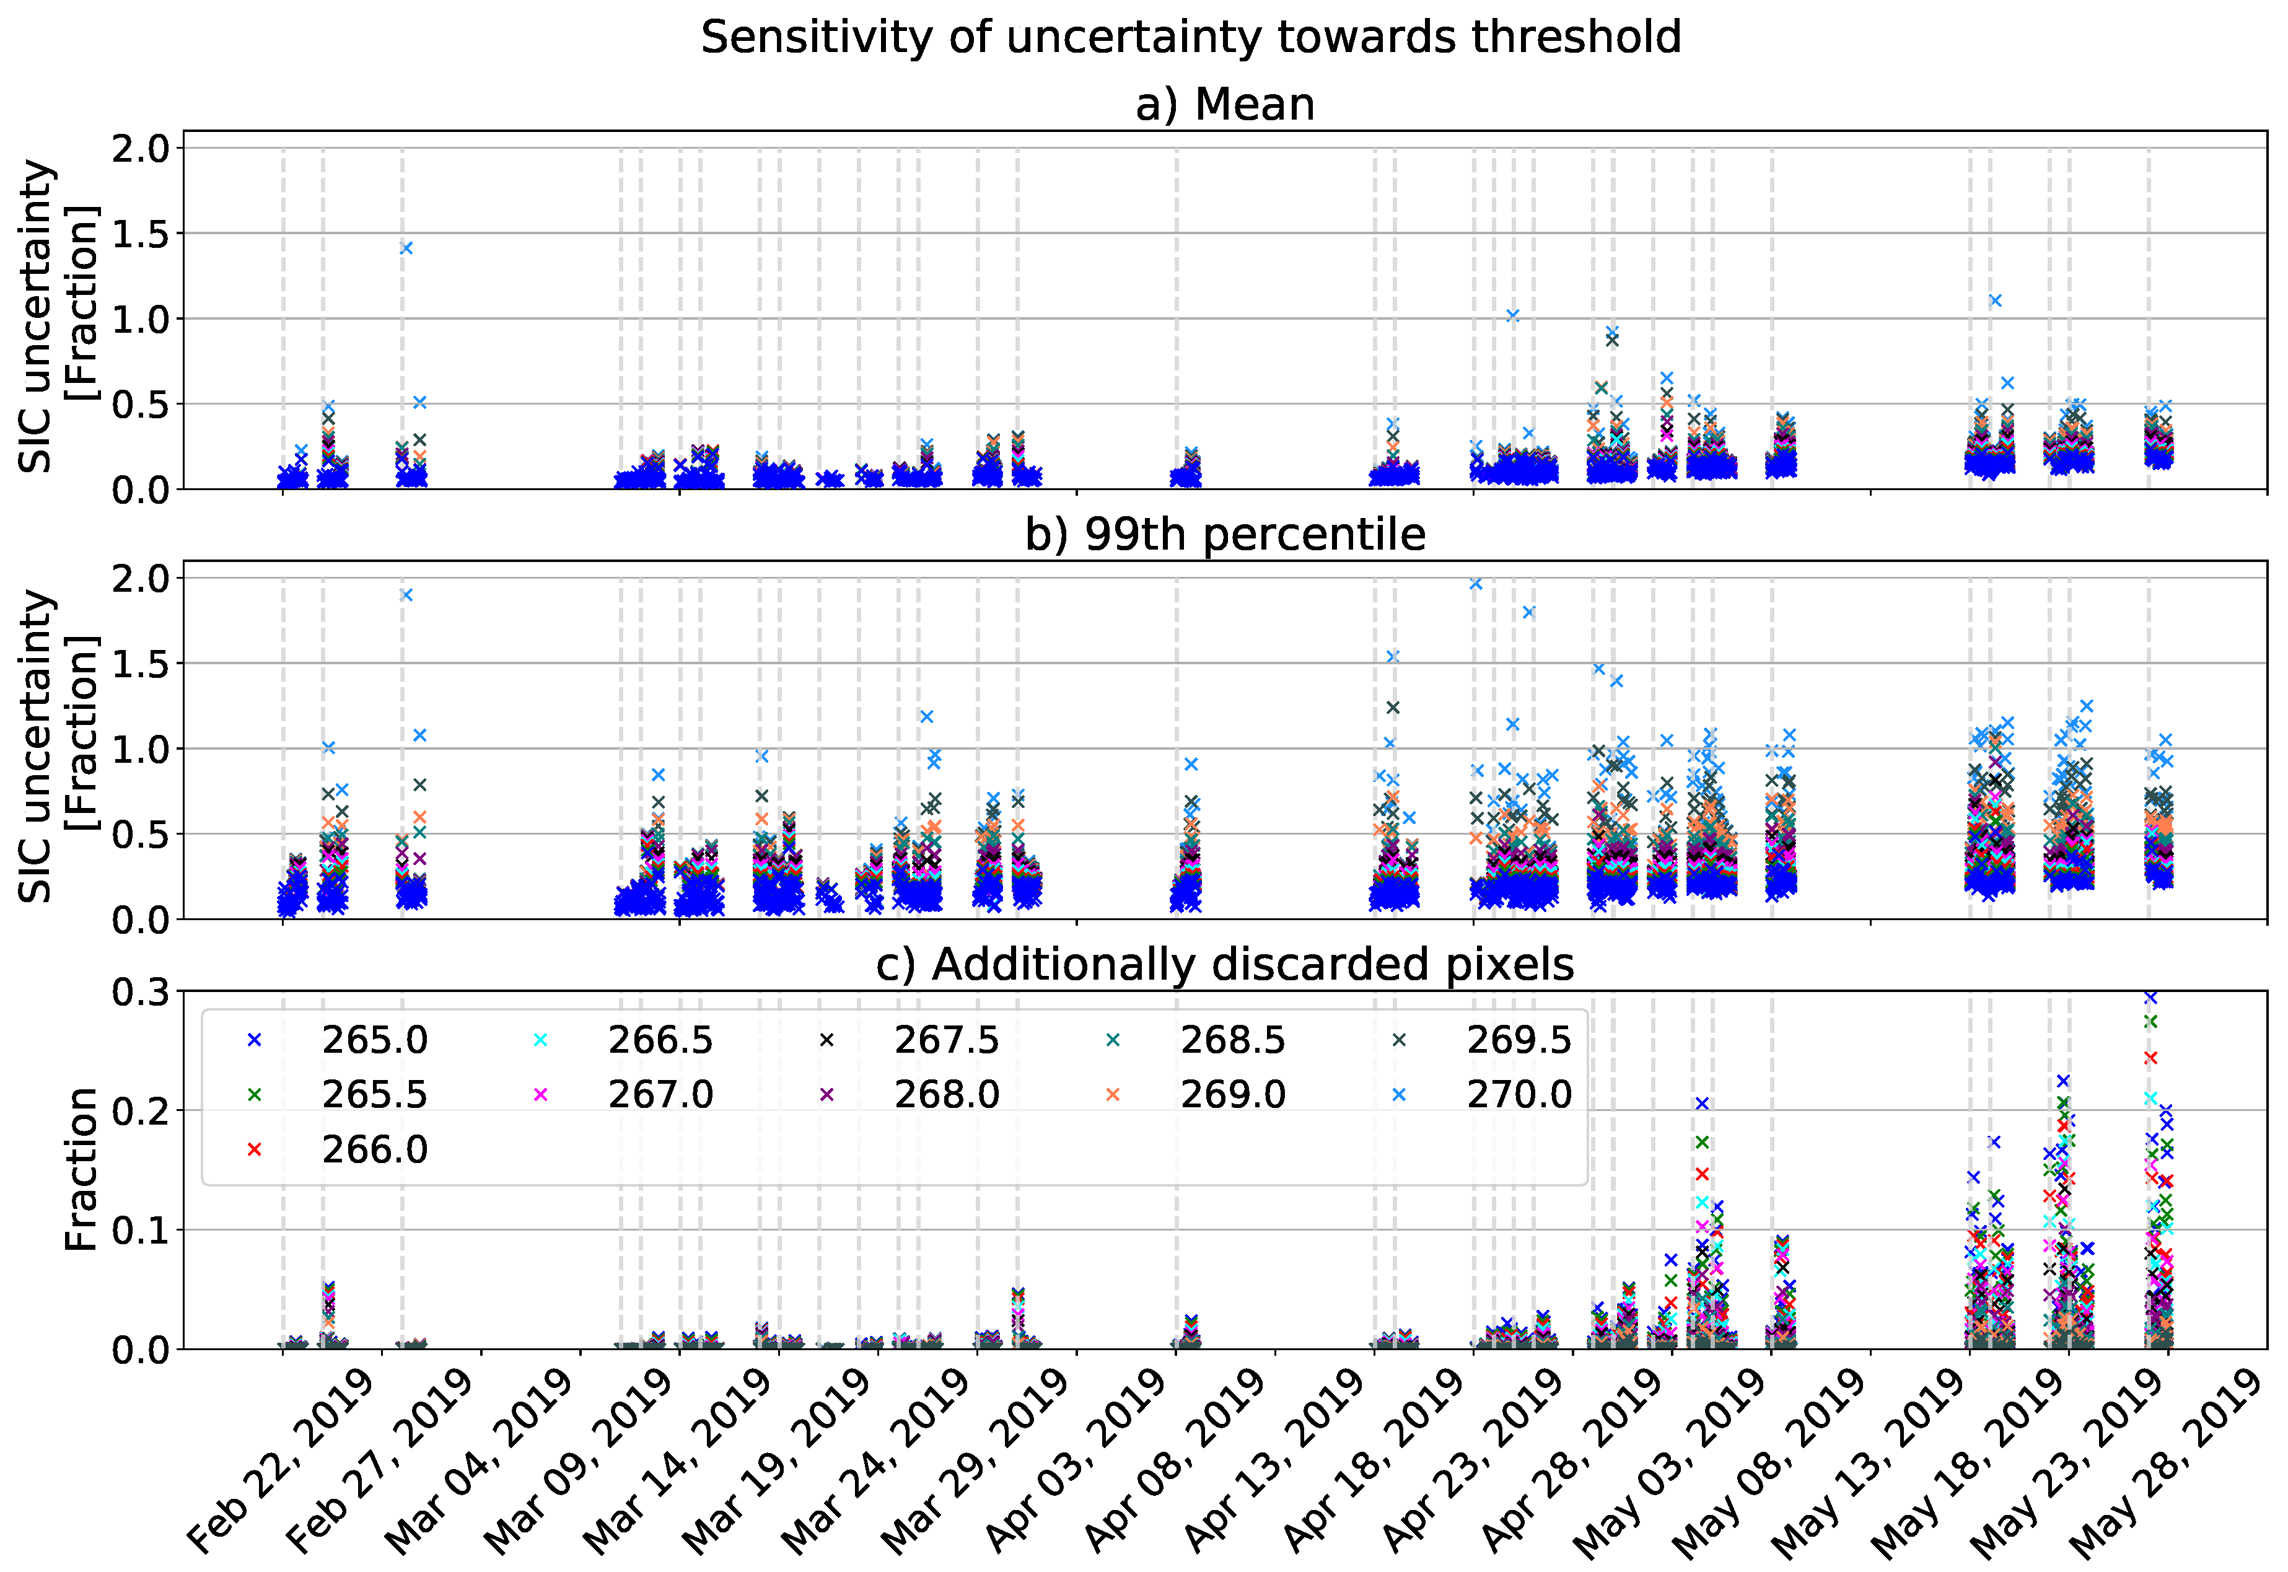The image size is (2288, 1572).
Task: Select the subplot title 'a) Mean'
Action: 1224,104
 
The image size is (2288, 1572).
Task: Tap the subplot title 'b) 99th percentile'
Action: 1224,534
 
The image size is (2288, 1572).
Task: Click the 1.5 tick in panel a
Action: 140,234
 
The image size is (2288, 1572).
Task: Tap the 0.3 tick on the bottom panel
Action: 140,992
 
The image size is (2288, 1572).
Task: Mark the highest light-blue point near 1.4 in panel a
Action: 406,248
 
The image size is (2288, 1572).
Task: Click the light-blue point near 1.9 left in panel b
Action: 406,595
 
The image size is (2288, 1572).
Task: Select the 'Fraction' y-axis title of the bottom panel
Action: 81,1169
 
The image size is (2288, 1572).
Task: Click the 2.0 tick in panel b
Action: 140,578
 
